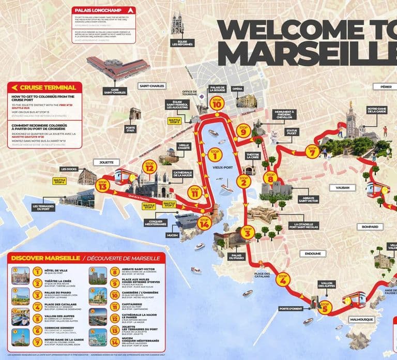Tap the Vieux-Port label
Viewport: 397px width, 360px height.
pos(223,168)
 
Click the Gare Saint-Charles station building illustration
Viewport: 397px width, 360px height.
pos(114,67)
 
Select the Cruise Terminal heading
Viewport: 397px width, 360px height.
pos(47,87)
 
